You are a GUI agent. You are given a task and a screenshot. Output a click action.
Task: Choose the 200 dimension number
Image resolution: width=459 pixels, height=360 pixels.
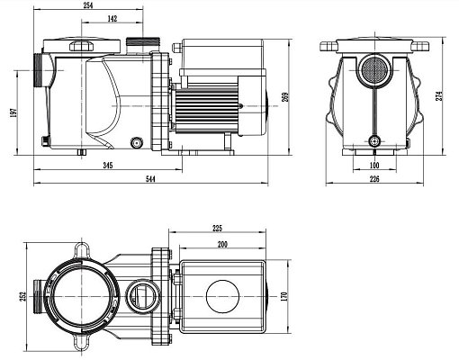click(221, 245)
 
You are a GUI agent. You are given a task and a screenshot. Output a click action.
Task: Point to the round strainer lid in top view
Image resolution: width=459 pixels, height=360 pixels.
click(79, 293)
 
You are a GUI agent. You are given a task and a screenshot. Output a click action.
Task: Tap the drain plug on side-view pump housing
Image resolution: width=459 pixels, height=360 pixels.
click(138, 140)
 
